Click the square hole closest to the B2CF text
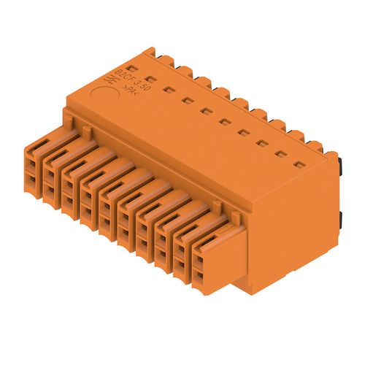150,78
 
